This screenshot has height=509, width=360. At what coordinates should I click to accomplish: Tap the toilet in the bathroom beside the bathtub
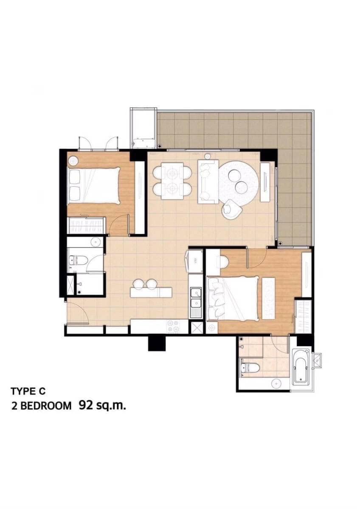(250, 368)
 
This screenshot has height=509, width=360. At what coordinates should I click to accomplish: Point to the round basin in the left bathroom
(96, 242)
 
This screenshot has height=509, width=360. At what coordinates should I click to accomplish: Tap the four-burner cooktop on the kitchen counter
(173, 327)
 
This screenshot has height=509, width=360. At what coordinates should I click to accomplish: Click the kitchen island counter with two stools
(151, 292)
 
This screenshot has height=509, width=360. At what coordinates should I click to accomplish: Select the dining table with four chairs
(172, 181)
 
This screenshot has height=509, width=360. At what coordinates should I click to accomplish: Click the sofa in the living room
(208, 182)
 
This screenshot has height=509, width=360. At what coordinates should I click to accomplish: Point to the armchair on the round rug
(232, 210)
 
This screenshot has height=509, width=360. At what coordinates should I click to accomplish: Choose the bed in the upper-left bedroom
(93, 185)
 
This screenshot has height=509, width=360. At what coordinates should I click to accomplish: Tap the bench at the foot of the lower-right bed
(268, 298)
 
